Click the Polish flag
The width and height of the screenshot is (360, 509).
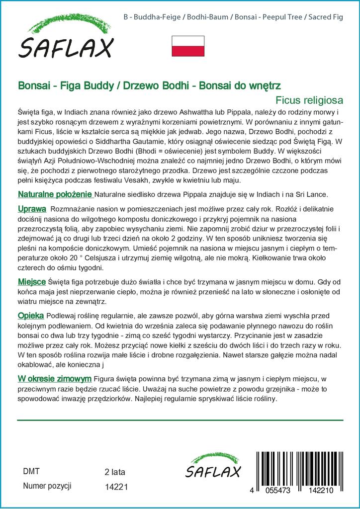(188, 46)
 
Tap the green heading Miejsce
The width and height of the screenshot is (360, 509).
(32, 282)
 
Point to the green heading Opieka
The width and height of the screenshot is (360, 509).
(31, 316)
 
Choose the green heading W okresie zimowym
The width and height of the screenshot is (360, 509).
(54, 378)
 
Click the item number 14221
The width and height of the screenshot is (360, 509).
(117, 488)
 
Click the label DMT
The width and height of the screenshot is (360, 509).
(31, 471)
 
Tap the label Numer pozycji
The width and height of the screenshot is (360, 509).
(48, 486)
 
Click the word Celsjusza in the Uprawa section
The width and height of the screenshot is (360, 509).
(113, 258)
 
